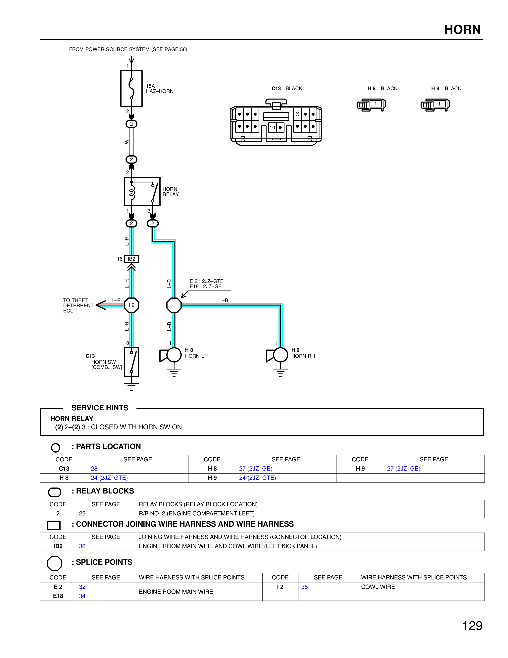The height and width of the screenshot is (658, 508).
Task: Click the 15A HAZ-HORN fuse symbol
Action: click(x=131, y=88)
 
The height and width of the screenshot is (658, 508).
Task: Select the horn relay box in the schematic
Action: click(x=142, y=191)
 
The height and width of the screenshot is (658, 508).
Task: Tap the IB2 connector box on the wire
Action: click(x=131, y=259)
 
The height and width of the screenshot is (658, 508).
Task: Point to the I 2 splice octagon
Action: click(x=131, y=305)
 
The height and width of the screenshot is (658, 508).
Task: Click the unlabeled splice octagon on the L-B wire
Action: click(x=174, y=305)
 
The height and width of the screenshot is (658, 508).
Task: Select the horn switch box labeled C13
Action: click(x=131, y=362)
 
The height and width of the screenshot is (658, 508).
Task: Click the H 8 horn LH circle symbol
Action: click(x=174, y=355)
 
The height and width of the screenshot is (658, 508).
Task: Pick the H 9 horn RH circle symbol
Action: click(x=280, y=355)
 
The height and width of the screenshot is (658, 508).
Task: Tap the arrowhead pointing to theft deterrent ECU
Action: click(x=101, y=305)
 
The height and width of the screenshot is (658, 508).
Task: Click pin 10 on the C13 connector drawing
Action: click(x=272, y=127)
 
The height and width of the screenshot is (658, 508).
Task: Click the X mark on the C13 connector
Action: click(x=297, y=114)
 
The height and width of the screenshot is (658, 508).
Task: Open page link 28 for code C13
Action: click(x=94, y=469)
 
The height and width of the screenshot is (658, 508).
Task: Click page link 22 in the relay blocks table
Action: click(x=82, y=513)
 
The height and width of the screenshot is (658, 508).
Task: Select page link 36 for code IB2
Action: click(x=82, y=546)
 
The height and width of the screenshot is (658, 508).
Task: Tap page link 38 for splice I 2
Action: click(x=305, y=587)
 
